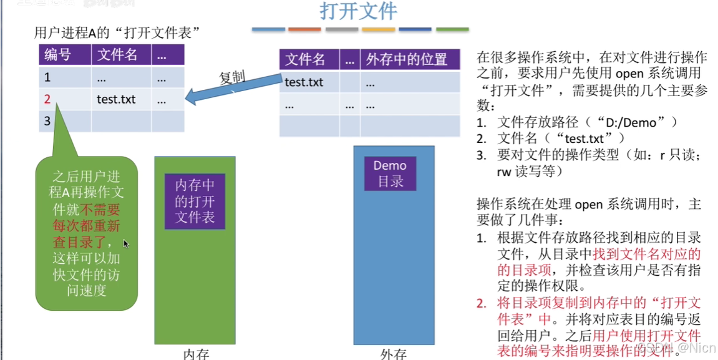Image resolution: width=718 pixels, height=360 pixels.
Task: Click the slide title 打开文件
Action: click(x=359, y=12)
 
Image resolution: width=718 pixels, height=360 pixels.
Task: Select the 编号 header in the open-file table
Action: click(x=57, y=55)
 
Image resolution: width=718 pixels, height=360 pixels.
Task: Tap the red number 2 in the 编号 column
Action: click(x=47, y=99)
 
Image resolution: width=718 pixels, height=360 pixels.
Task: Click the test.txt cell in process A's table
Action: click(x=116, y=99)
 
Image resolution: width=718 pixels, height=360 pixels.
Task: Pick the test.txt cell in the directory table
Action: click(x=304, y=82)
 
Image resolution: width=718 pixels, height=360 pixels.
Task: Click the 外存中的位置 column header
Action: click(x=406, y=60)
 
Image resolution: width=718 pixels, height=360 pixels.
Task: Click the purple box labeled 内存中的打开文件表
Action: click(x=195, y=200)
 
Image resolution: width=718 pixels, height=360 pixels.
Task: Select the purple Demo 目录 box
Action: click(x=390, y=173)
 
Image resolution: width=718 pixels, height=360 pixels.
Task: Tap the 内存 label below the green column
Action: click(x=195, y=354)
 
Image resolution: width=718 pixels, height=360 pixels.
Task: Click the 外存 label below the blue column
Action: click(x=393, y=354)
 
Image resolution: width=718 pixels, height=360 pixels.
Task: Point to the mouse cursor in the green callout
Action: click(x=125, y=244)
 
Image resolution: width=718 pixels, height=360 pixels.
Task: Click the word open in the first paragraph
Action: click(x=588, y=74)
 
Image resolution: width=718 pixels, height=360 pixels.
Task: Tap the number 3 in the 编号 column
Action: click(x=47, y=121)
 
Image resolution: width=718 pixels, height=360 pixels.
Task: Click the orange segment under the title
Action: click(x=304, y=29)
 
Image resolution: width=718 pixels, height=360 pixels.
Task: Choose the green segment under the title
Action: click(x=452, y=29)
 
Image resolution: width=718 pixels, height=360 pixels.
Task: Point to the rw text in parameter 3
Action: click(x=503, y=171)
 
